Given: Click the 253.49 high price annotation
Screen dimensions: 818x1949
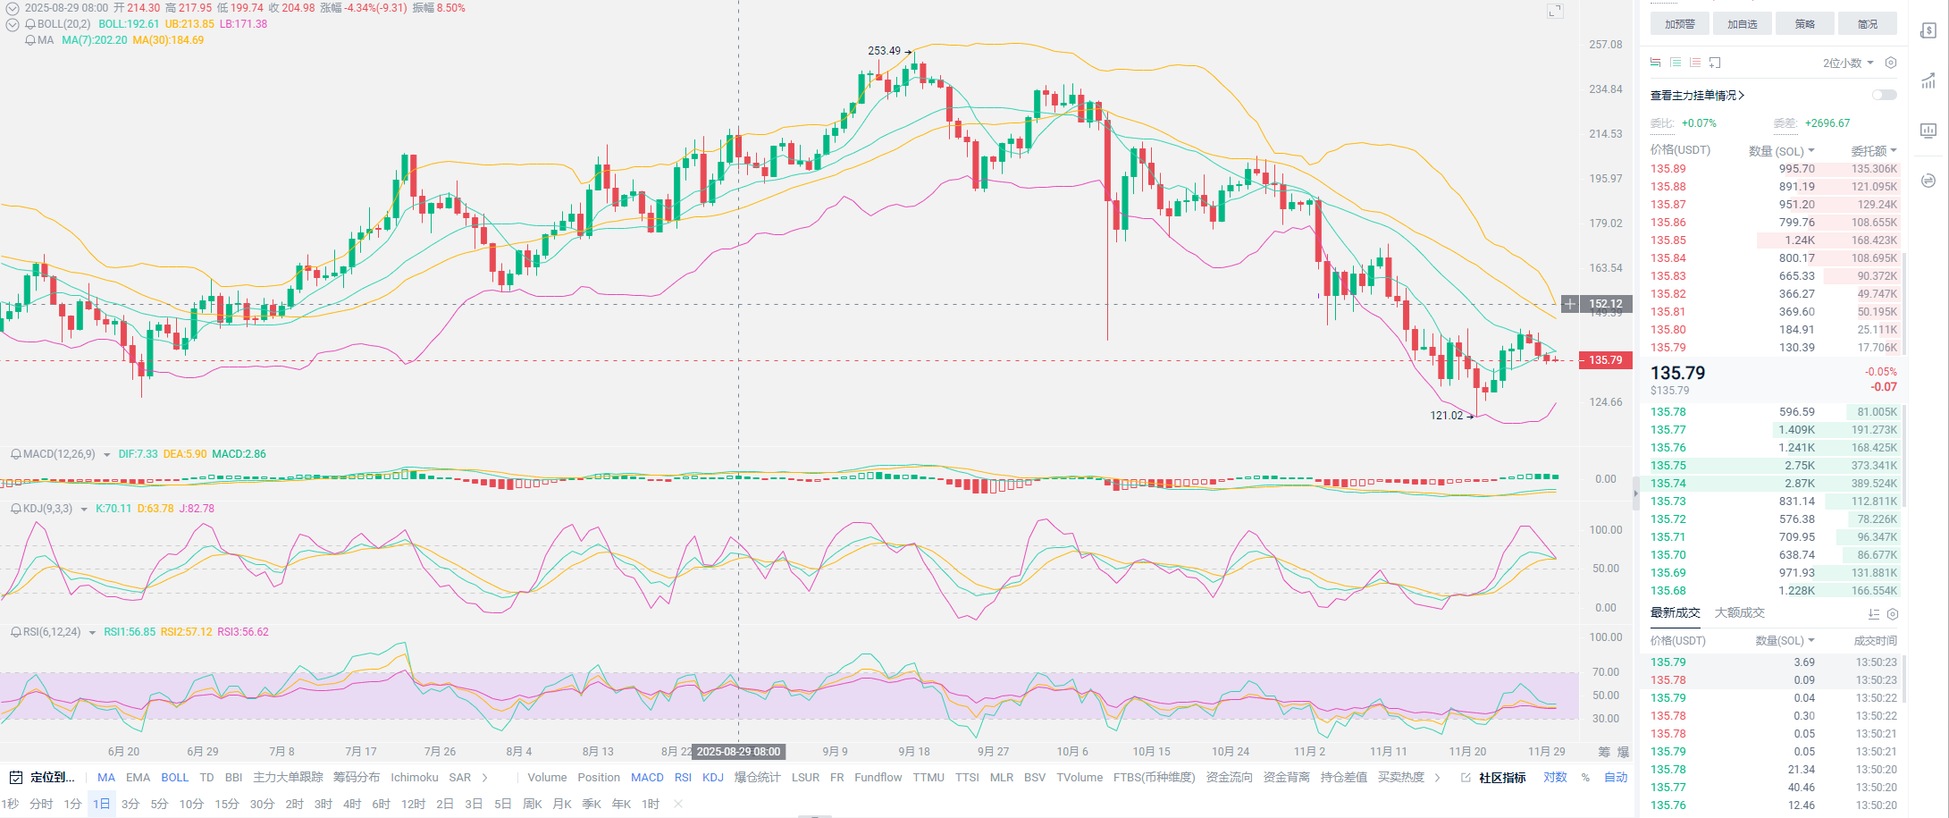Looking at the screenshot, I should coord(885,51).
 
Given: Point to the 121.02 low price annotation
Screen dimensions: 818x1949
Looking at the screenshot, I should coord(1447,416).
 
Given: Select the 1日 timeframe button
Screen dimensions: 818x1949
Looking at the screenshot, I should coord(101,804).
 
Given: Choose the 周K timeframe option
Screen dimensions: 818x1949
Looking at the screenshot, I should coord(533,804).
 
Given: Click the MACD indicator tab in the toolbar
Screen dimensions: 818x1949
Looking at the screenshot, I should coord(647,778).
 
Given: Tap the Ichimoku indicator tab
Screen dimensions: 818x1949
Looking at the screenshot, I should coord(414,778).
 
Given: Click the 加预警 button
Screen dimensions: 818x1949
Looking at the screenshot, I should coord(1679,24).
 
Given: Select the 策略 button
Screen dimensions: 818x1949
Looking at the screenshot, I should coord(1804,24).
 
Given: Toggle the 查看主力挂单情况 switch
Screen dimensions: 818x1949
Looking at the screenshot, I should coord(1884,95).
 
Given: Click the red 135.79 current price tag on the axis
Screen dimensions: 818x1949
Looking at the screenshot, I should coord(1605,360).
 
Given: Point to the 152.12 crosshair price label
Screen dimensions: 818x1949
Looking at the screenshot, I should coord(1605,304).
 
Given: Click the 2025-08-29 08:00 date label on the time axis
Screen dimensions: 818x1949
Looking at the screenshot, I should coord(738,752).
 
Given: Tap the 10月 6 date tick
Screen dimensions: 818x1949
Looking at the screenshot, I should coord(1072,752).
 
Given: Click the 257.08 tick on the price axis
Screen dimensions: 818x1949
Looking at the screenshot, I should coord(1605,45).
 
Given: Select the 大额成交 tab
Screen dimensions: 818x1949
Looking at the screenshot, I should coord(1739,612).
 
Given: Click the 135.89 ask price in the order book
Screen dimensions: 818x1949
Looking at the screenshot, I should coord(1668,169).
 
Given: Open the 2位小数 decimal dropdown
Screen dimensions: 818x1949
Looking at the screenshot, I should coord(1847,63).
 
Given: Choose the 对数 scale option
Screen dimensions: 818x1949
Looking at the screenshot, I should coord(1555,778).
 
